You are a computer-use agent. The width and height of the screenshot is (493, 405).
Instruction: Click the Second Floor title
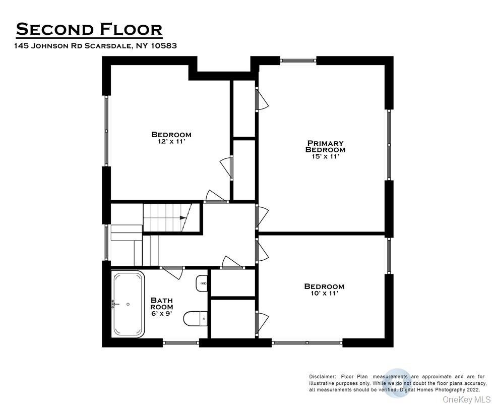(89, 29)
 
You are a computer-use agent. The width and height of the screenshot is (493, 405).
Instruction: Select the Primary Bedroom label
(325, 146)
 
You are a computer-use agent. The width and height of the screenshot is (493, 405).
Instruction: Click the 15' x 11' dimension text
(325, 157)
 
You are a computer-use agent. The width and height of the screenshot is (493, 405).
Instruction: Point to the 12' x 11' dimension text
(171, 142)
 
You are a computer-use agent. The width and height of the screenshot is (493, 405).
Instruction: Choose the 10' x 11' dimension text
(324, 294)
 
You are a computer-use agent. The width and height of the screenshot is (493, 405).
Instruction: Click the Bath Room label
(162, 303)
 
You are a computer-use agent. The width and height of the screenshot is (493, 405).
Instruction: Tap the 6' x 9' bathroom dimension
(162, 314)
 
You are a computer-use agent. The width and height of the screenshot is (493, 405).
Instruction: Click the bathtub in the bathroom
(128, 304)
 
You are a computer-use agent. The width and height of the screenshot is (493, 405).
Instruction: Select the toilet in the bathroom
(196, 318)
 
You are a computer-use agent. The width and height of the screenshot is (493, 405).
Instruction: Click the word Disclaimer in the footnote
(322, 377)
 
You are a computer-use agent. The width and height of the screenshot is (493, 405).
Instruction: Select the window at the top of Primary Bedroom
(298, 61)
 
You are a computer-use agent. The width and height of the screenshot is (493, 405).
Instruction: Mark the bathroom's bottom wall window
(181, 343)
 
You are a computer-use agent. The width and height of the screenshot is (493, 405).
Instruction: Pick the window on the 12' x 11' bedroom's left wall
(106, 131)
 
